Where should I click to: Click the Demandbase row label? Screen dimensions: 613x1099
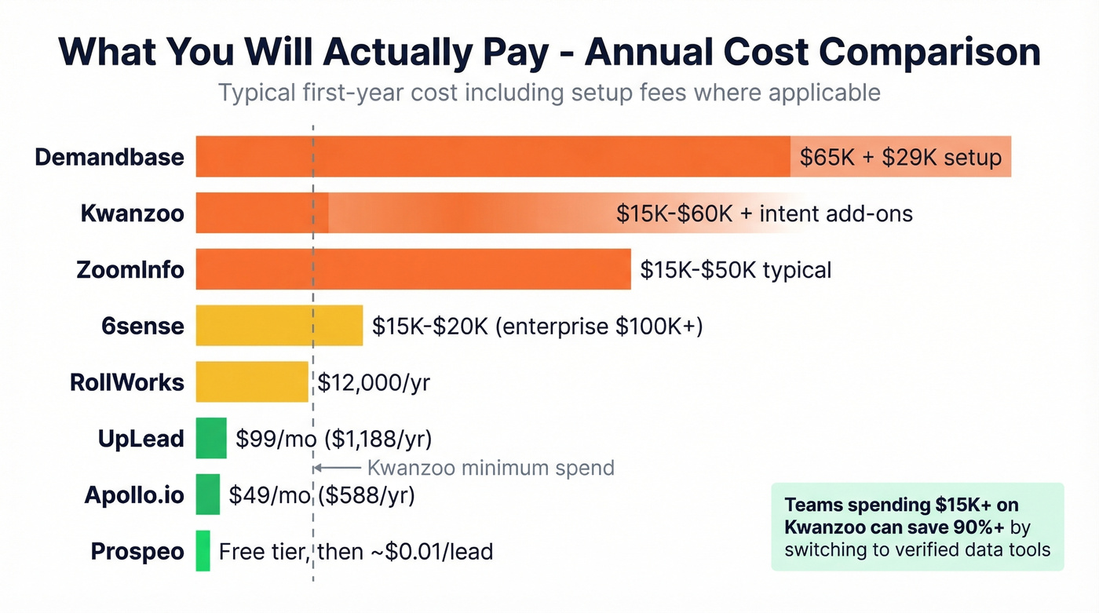pos(109,156)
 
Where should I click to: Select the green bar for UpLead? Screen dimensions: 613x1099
pos(211,438)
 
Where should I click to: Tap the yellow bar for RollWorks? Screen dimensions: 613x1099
pos(251,381)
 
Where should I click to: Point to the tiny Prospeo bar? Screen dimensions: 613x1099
pos(203,550)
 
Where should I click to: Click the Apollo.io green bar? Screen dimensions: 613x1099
pos(208,494)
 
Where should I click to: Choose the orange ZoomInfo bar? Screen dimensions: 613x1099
pos(413,269)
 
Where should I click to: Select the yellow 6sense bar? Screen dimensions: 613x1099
pos(279,325)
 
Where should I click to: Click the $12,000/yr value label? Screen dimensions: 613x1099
pos(374,382)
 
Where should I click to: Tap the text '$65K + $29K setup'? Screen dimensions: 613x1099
pos(900,157)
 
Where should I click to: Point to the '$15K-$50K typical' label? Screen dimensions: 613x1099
pos(736,270)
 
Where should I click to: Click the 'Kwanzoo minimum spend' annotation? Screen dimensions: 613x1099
pos(491,468)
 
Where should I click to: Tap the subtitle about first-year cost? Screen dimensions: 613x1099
pos(549,93)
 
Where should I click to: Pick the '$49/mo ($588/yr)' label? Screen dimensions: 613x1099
pos(322,495)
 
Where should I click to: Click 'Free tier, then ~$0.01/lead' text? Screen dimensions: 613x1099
pos(356,551)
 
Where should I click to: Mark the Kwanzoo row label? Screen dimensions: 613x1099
pos(132,213)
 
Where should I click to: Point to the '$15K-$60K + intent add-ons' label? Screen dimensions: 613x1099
pos(764,213)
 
